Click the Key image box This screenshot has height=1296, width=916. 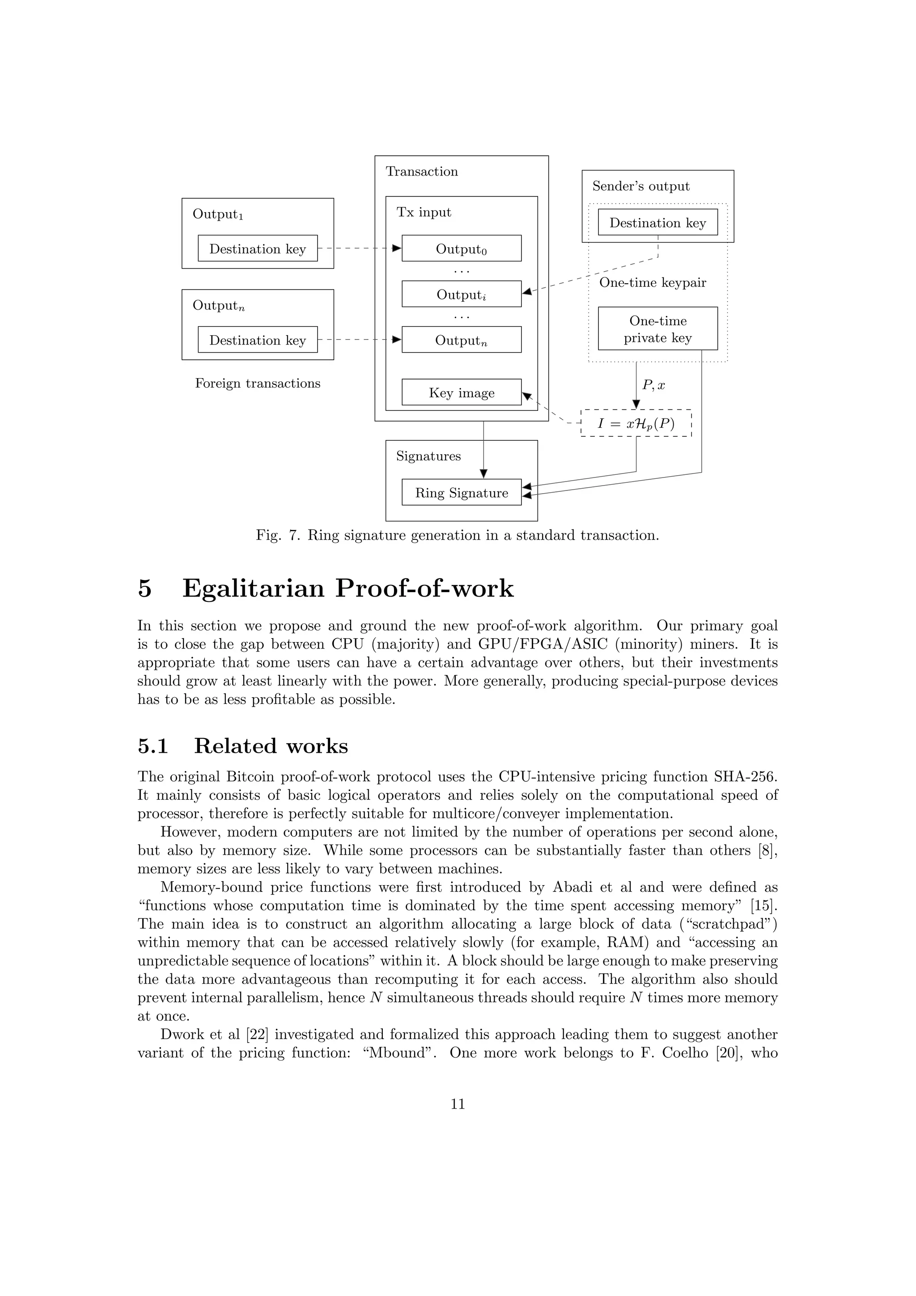pyautogui.click(x=462, y=392)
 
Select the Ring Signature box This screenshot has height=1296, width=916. pyautogui.click(x=462, y=492)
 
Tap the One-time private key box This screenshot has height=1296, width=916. pyautogui.click(x=657, y=328)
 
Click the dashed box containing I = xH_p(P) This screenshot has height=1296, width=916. pyautogui.click(x=636, y=423)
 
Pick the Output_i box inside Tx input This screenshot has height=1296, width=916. pyautogui.click(x=462, y=294)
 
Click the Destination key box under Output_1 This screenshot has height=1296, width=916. pyautogui.click(x=257, y=248)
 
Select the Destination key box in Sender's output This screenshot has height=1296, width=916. pyautogui.click(x=657, y=222)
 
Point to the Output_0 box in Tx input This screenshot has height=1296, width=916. pyautogui.click(x=462, y=248)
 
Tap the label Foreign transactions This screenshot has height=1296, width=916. pyautogui.click(x=257, y=383)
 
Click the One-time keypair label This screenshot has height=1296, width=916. pyautogui.click(x=653, y=282)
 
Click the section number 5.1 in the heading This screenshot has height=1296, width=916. pyautogui.click(x=153, y=746)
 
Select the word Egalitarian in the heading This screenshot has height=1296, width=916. pyautogui.click(x=253, y=589)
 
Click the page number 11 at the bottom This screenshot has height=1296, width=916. pyautogui.click(x=458, y=1120)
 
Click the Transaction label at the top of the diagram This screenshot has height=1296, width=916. pyautogui.click(x=421, y=171)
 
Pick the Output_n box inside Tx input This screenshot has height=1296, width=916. pyautogui.click(x=462, y=340)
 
